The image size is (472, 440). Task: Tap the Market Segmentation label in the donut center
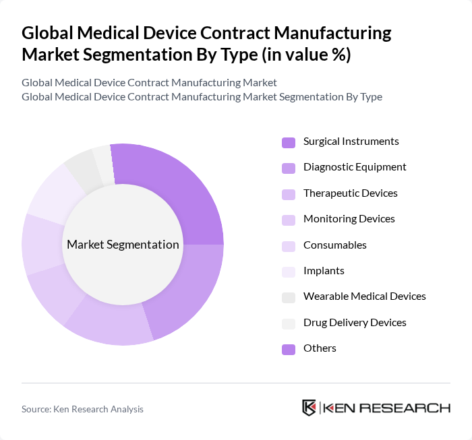pos(123,245)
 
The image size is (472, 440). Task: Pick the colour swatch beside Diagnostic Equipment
pos(288,168)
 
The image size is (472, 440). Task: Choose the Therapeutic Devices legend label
pos(350,193)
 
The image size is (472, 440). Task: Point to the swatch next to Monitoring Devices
pos(288,220)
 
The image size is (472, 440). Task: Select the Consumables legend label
pos(334,245)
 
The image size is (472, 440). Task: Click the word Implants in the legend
pos(324,271)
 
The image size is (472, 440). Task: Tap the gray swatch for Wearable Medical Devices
pos(288,297)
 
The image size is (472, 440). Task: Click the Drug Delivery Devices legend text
pos(355,323)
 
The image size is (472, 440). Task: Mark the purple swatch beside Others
pos(288,349)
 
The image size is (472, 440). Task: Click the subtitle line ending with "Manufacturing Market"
pos(149,83)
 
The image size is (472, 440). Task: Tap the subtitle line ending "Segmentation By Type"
pos(202,97)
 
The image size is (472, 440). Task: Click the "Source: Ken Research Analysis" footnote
pos(82,409)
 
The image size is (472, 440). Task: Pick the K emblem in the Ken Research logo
pos(309,408)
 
